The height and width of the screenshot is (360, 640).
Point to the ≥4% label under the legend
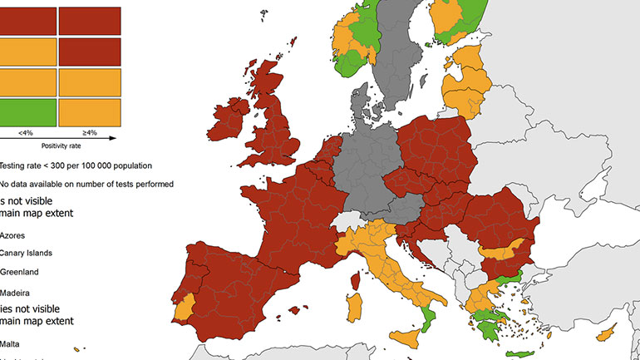point(90,131)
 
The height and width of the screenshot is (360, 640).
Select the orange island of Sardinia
point(354,308)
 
